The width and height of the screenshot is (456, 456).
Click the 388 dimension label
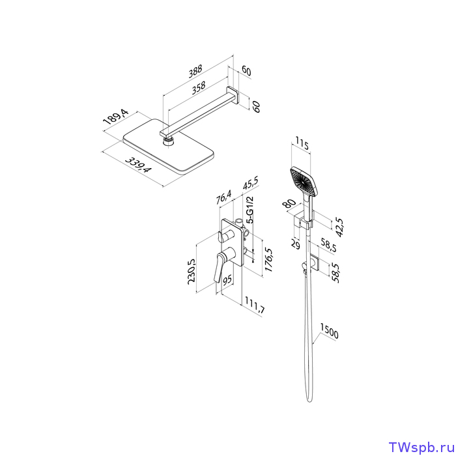coord(195,72)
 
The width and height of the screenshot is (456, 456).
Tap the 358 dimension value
coord(199,88)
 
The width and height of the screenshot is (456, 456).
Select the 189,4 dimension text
coord(117,118)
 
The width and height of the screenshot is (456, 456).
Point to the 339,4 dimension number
coord(138,165)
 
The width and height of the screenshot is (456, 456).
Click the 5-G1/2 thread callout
coord(249,210)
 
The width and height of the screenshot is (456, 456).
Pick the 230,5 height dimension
coord(192,271)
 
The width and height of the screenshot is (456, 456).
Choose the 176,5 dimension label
coord(268,260)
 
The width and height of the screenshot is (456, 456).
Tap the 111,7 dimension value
coord(255,305)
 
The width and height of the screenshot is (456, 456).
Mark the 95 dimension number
coord(227,279)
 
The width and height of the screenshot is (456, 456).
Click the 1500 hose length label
coord(330,331)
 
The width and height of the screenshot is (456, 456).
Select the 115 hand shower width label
coord(302,143)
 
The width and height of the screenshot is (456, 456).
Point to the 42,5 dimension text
coord(339,227)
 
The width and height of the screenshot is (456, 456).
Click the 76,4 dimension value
coord(223,197)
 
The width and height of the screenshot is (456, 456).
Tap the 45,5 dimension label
coord(250,183)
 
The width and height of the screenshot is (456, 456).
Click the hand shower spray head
coord(304,182)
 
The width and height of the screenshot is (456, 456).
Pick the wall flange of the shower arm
coord(233,95)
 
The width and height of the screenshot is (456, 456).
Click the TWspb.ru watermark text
coord(421,447)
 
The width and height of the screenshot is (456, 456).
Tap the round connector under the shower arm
coord(167,142)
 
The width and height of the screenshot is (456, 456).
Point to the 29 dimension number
coord(296,244)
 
